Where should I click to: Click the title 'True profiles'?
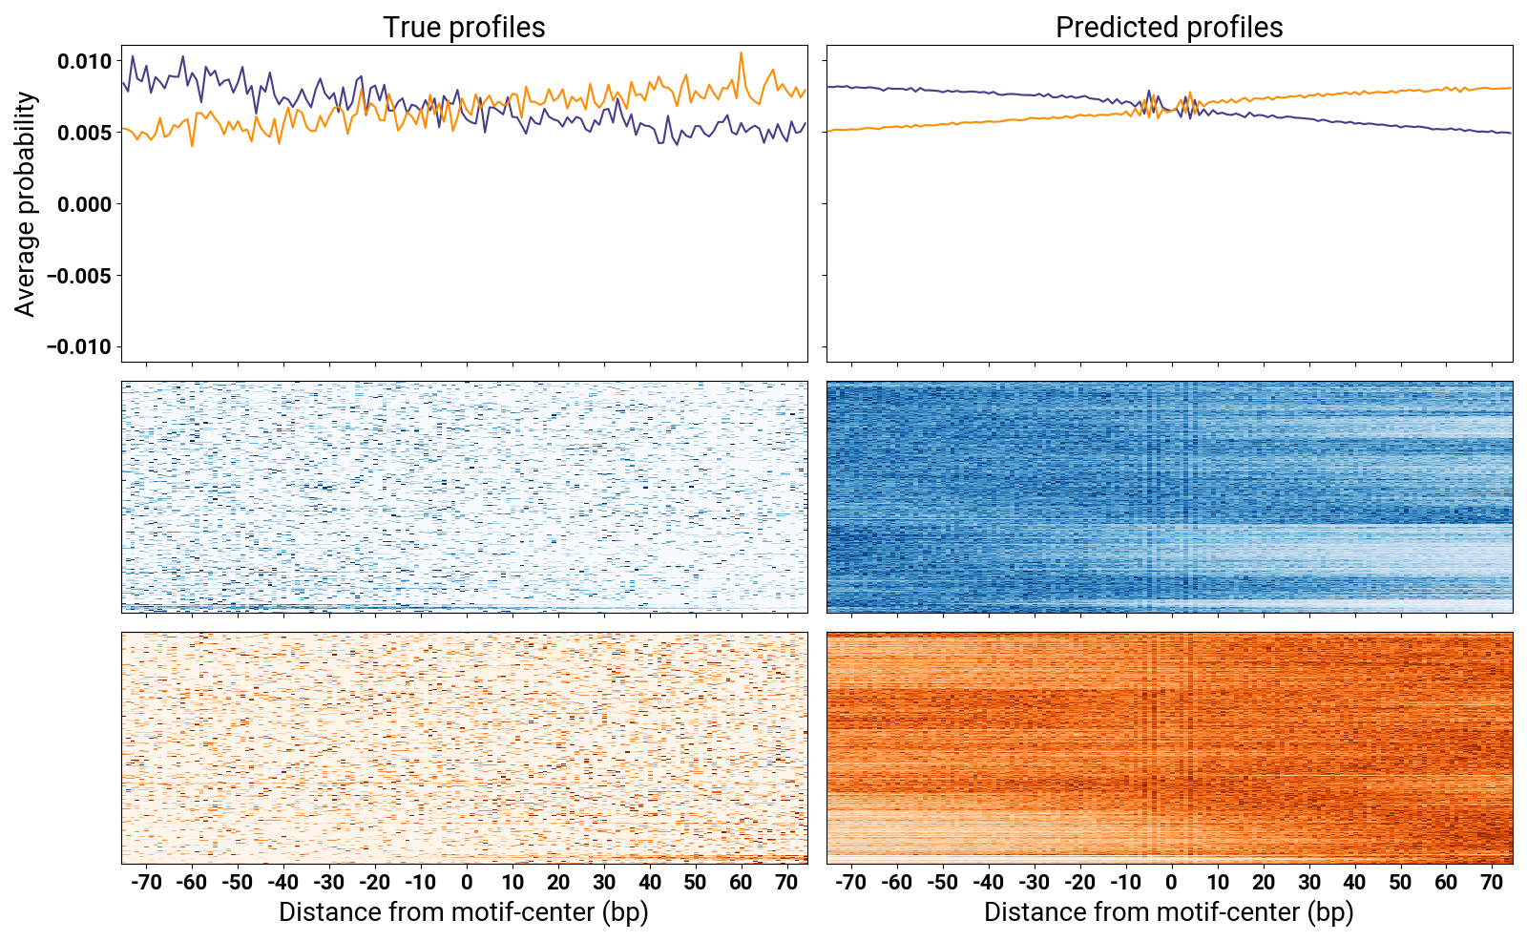[464, 27]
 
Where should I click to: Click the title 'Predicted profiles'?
[1169, 27]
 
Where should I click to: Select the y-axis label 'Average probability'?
[26, 203]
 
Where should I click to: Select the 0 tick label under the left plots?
[467, 882]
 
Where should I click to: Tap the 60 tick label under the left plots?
[742, 882]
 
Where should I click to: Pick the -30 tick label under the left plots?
[328, 882]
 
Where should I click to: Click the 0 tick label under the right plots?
[1171, 882]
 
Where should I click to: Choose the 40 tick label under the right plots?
[1354, 882]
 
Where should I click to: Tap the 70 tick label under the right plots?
[1492, 882]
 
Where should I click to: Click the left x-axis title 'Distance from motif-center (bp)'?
[464, 912]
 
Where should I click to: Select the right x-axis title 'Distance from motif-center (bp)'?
[1169, 912]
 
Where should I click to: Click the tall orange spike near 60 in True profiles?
[742, 54]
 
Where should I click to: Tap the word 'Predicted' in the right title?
[1113, 27]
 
